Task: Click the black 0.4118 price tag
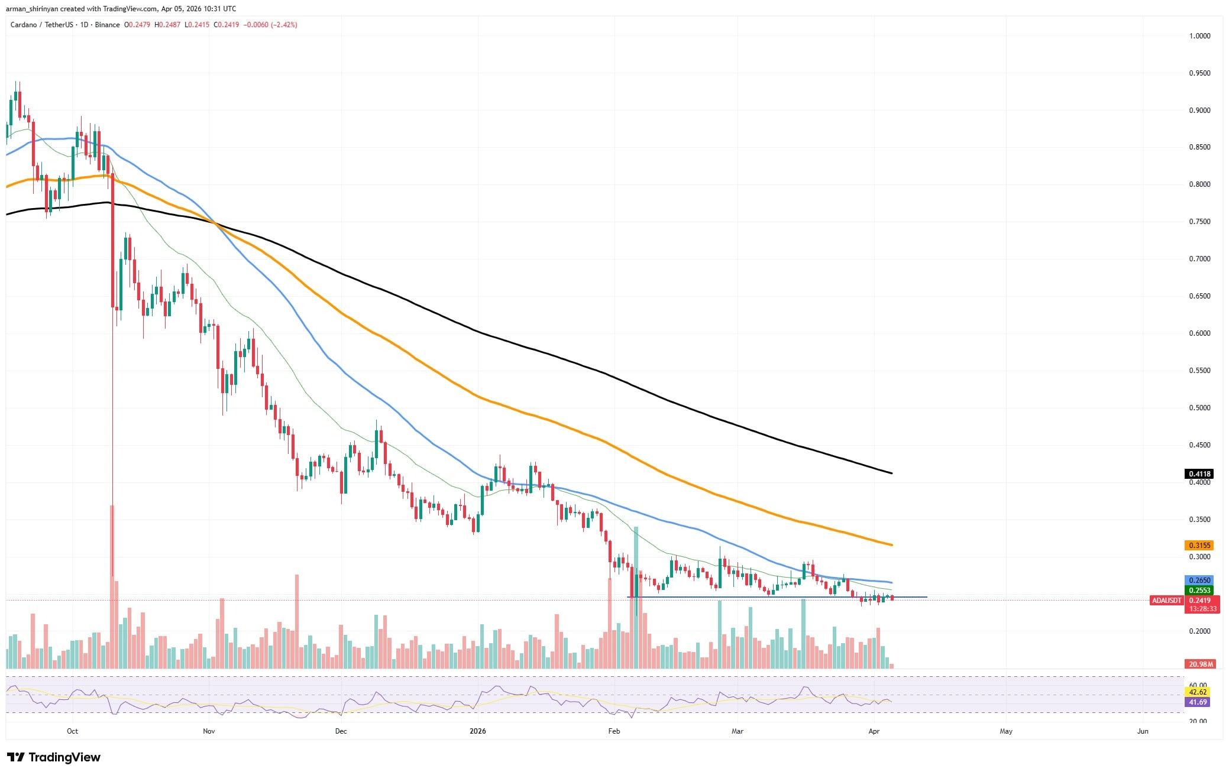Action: click(1198, 474)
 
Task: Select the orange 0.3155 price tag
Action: click(1198, 545)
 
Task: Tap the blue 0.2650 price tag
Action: click(1198, 580)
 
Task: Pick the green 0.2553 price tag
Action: click(1198, 590)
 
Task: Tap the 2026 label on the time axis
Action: click(477, 731)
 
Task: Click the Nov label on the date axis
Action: click(208, 731)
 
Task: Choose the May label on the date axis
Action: click(1005, 731)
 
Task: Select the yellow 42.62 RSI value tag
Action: click(1198, 692)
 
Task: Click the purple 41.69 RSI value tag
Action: click(1198, 702)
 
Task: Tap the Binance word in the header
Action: click(108, 25)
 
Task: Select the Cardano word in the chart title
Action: click(23, 25)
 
